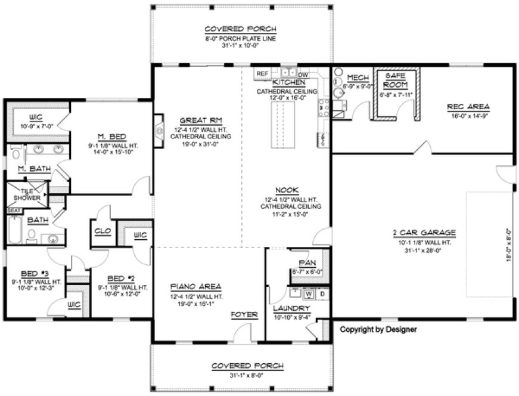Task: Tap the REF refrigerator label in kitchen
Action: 262,73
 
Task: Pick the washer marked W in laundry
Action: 309,293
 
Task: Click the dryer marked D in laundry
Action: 322,293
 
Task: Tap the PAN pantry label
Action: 307,262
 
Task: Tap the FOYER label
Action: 244,314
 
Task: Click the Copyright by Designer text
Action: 378,329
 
